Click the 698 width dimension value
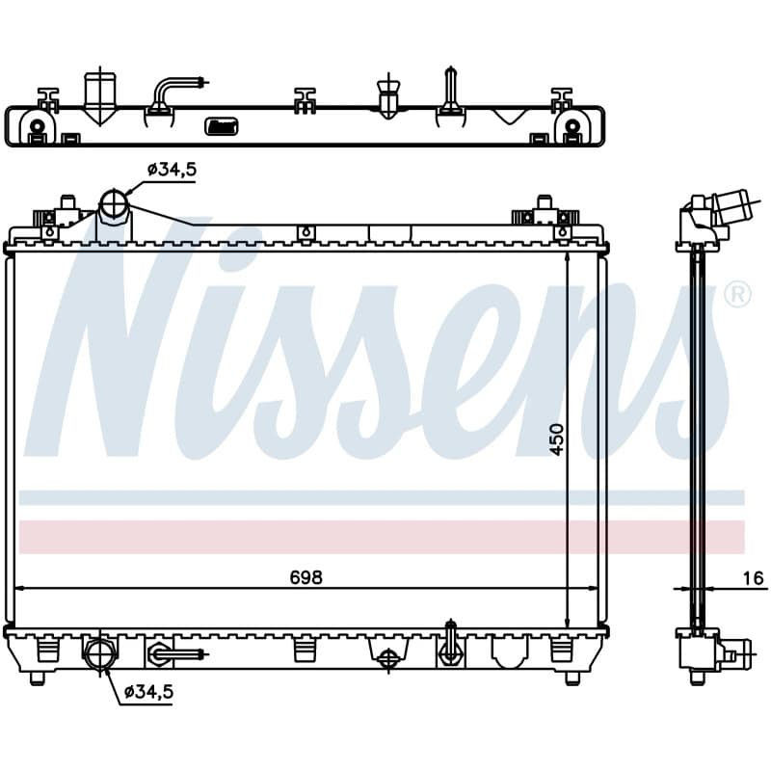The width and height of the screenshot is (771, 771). click(x=306, y=577)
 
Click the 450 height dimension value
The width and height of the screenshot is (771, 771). click(x=557, y=439)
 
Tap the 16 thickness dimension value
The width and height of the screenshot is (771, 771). click(x=753, y=578)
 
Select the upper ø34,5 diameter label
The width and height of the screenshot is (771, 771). click(x=172, y=170)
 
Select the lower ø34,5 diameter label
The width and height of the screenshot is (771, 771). click(x=148, y=692)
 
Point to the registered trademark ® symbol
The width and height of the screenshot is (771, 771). click(x=737, y=295)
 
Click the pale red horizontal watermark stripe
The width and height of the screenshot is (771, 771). click(x=382, y=537)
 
